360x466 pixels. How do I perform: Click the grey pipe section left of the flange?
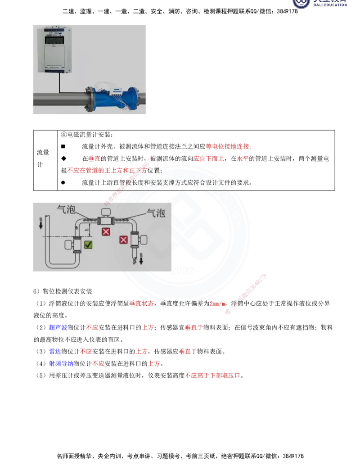click(x=58, y=98)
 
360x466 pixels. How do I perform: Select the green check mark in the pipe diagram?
click(x=89, y=244)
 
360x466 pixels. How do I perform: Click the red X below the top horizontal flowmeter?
click(x=106, y=232)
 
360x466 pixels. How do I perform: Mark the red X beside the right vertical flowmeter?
click(x=123, y=240)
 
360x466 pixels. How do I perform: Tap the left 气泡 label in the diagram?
click(x=66, y=209)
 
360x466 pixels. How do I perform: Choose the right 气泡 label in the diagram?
click(x=156, y=213)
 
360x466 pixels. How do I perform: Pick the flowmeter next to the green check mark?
click(x=74, y=244)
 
